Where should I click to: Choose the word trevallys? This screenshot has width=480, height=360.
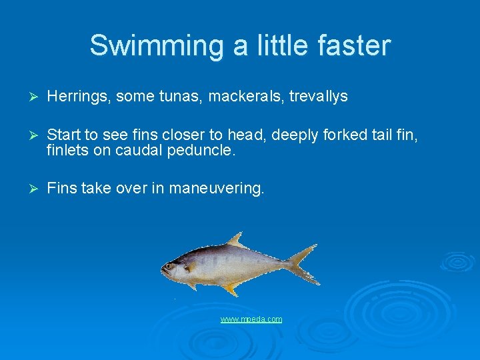318,97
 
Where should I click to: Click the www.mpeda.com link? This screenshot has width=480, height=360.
251,320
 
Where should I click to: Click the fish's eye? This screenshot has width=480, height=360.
169,266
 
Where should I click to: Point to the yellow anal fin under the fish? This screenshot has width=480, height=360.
231,289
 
